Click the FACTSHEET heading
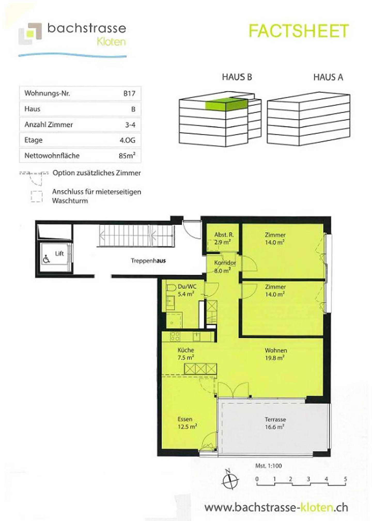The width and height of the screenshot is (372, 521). click(x=299, y=31)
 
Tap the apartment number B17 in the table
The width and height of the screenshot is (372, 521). click(x=129, y=93)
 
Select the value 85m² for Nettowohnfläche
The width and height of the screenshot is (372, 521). click(x=127, y=155)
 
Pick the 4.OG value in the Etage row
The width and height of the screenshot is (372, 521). click(x=127, y=140)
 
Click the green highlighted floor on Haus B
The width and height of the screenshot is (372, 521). click(x=226, y=104)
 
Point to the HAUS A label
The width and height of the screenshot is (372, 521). click(x=328, y=77)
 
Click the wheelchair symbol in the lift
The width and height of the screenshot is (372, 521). click(x=46, y=259)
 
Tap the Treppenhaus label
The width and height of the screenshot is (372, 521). click(x=148, y=261)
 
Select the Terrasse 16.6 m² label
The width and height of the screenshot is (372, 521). click(x=275, y=423)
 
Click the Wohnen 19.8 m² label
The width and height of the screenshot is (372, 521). click(x=275, y=354)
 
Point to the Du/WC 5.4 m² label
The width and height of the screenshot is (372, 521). click(x=187, y=290)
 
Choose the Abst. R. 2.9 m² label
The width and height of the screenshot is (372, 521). click(x=223, y=238)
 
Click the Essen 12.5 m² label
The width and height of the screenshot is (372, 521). click(x=187, y=423)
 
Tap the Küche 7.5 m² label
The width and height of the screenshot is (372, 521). click(x=186, y=354)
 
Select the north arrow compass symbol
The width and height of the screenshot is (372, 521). click(x=230, y=480)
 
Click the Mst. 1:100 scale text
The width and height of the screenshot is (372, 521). click(x=268, y=466)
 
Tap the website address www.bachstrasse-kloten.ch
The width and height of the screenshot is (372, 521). click(x=276, y=507)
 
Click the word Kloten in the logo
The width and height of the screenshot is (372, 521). click(x=111, y=42)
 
